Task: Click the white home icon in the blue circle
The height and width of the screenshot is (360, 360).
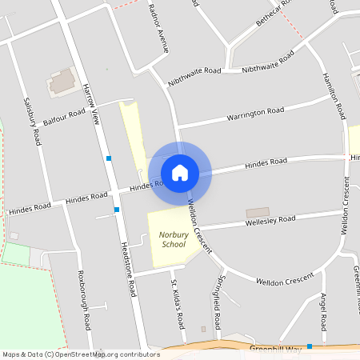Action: click(180, 172)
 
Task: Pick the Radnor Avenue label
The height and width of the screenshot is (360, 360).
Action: click(159, 28)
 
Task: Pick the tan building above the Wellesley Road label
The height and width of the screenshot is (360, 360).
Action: click(258, 212)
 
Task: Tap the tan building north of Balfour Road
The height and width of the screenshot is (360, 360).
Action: click(61, 81)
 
